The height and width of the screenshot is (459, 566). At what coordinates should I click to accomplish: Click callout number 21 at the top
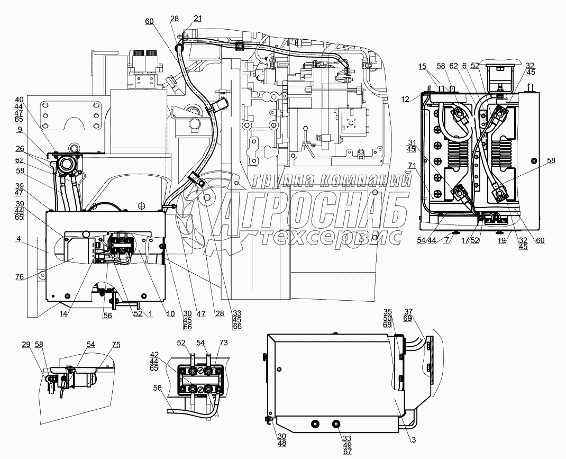[198, 19]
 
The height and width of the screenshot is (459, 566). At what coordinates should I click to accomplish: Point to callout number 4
[19, 238]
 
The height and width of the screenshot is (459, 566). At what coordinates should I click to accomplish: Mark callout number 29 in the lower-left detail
[25, 345]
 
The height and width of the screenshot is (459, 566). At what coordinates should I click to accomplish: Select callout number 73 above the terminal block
[224, 343]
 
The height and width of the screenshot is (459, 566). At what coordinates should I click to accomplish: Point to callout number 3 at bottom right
[414, 440]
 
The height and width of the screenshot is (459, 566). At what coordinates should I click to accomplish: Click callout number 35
[388, 312]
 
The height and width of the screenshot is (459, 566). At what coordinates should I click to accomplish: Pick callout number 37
[408, 312]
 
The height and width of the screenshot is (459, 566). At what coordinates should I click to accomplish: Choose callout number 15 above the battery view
[423, 66]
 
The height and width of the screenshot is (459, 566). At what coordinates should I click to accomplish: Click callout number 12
[406, 99]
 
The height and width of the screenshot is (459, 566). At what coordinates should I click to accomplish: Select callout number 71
[412, 165]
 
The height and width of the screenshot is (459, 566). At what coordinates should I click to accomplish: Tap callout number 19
[501, 240]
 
